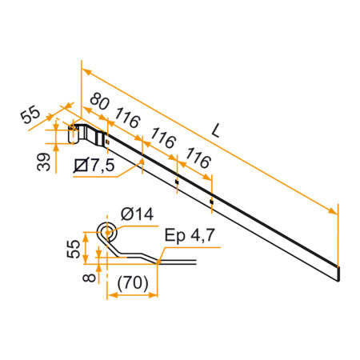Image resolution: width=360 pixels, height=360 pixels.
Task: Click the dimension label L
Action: pos(218,129)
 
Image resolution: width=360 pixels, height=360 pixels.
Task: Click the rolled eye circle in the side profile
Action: pos(106,233)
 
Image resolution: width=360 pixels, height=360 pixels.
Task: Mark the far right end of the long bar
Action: pos(338,274)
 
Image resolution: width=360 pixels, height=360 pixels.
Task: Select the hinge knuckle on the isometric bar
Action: pos(74,133)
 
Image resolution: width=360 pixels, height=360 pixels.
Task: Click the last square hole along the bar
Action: pos(211,202)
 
